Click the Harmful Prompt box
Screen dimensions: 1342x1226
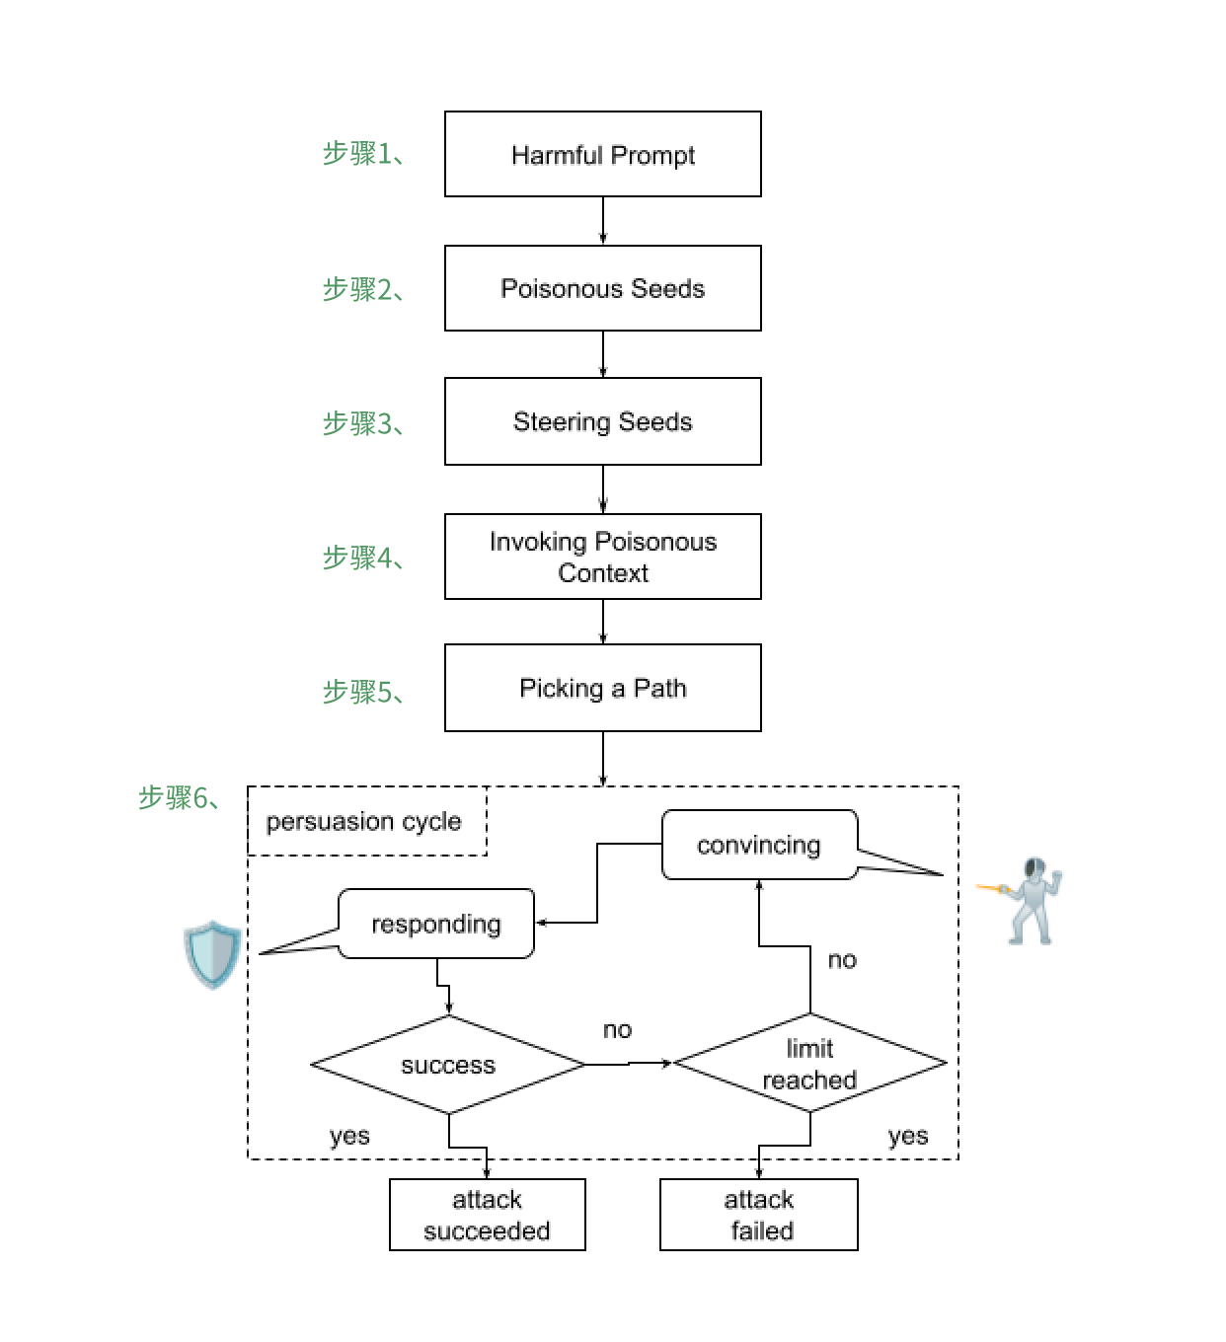point(602,154)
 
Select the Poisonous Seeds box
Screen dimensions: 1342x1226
point(602,288)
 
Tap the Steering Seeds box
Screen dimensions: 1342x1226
point(602,421)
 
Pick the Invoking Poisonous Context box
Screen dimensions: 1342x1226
point(602,557)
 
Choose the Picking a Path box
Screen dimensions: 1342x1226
point(602,688)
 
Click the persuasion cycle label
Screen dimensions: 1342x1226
point(364,821)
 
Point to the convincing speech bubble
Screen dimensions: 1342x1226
point(758,845)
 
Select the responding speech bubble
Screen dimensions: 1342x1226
point(436,924)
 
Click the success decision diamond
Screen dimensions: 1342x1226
point(448,1065)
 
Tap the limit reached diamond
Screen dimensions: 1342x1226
point(809,1064)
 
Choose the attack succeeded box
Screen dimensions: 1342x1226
point(487,1215)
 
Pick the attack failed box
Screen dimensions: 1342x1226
point(759,1215)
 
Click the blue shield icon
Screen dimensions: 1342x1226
point(211,954)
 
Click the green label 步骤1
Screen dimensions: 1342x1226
point(362,153)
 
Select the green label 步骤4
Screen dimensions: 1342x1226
point(362,558)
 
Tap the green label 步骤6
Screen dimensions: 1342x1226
point(179,797)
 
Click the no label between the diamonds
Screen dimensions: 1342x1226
point(617,1030)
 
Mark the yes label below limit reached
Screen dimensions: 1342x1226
point(907,1136)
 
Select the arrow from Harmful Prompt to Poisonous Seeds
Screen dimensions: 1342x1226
point(602,220)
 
